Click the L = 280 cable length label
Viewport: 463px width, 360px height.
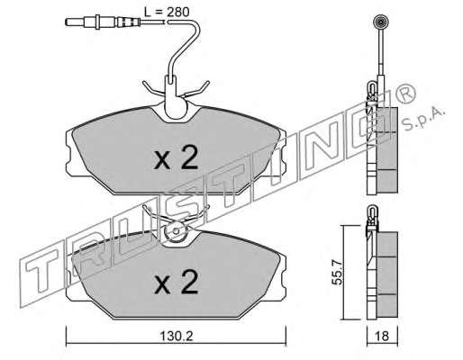[x=167, y=12]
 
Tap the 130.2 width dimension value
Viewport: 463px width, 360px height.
[x=176, y=337]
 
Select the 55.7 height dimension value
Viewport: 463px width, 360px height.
[x=338, y=272]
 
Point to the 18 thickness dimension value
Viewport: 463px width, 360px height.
[x=382, y=337]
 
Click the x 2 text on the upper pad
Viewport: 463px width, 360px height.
[x=176, y=157]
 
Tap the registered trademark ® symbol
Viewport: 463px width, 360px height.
[x=406, y=94]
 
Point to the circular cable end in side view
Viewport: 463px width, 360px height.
[x=380, y=22]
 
